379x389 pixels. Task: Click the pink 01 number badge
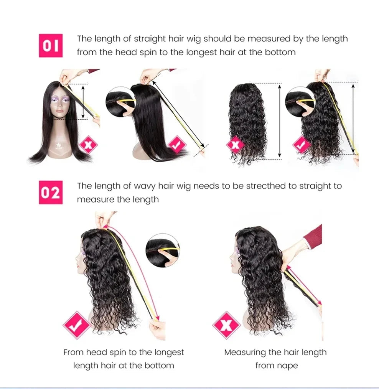(51, 46)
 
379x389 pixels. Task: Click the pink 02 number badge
(51, 193)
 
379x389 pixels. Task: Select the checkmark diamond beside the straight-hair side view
(177, 145)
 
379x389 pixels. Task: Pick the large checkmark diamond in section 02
(77, 325)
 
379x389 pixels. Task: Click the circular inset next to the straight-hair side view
(120, 102)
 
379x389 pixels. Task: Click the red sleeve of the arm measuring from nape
(315, 237)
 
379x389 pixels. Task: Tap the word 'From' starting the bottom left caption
(73, 352)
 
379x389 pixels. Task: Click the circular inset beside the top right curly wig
(300, 101)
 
